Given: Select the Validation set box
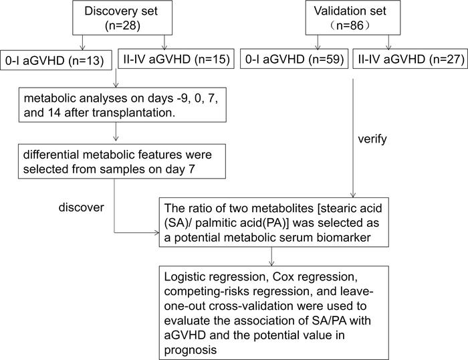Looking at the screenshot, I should (346, 19).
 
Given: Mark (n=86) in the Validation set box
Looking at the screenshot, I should (346, 27).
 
